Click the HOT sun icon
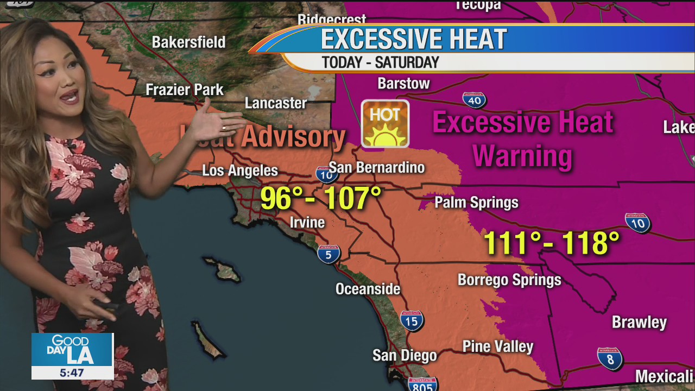point(385,124)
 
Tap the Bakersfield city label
point(188,42)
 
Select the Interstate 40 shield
point(474,100)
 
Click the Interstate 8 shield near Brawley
point(609,358)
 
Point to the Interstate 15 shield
point(412,320)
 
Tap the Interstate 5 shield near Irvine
point(328,254)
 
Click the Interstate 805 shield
point(422,384)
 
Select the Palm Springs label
point(476,203)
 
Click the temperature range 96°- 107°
point(321,198)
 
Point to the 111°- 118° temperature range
point(551,243)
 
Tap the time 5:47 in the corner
point(72,373)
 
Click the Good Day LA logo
point(72,350)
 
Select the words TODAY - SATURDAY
point(380,62)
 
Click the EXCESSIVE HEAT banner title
point(414,39)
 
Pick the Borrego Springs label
point(509,280)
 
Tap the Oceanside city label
point(368,289)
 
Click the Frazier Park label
point(185,90)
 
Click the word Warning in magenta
point(522,156)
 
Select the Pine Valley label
point(498,346)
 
